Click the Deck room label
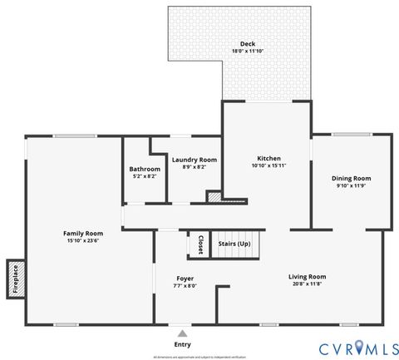click(x=247, y=44)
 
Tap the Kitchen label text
click(x=268, y=158)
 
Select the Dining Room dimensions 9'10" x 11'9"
click(x=351, y=185)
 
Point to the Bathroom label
click(x=145, y=169)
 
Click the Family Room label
click(x=83, y=234)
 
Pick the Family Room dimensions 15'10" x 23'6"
click(x=83, y=241)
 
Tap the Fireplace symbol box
click(x=14, y=279)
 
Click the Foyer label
click(x=185, y=278)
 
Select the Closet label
click(x=200, y=244)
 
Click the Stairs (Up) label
click(x=234, y=244)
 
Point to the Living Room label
click(x=307, y=276)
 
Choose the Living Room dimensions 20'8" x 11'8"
click(x=307, y=284)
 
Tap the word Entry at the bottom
click(x=181, y=343)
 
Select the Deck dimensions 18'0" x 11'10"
click(x=247, y=52)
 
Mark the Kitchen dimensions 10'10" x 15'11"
click(x=268, y=165)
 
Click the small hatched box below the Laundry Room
click(x=214, y=198)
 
